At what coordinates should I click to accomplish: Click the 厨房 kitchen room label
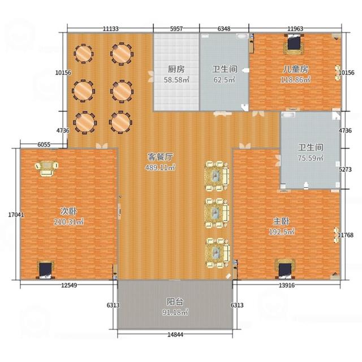[176, 69]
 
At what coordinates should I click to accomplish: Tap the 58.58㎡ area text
[176, 80]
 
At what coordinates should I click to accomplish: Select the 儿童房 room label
[295, 69]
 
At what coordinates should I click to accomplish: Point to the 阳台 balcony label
[175, 301]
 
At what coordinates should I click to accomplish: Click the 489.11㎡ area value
[160, 167]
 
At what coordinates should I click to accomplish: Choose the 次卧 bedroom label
[68, 211]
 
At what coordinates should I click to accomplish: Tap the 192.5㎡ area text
[282, 232]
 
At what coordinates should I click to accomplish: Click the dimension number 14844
[175, 334]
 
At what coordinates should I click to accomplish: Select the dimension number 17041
[16, 215]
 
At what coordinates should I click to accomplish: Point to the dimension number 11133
[111, 29]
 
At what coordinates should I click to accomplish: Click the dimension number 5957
[176, 29]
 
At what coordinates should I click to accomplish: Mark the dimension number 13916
[287, 285]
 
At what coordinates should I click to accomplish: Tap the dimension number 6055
[44, 145]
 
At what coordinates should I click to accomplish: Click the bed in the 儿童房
[294, 44]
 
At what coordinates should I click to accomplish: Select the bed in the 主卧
[285, 269]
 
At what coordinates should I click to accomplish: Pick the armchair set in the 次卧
[46, 169]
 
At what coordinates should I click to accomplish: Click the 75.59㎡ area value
[311, 158]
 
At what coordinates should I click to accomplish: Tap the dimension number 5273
[345, 170]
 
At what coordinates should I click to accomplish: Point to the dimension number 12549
[69, 285]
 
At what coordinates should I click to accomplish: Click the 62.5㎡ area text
[224, 80]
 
